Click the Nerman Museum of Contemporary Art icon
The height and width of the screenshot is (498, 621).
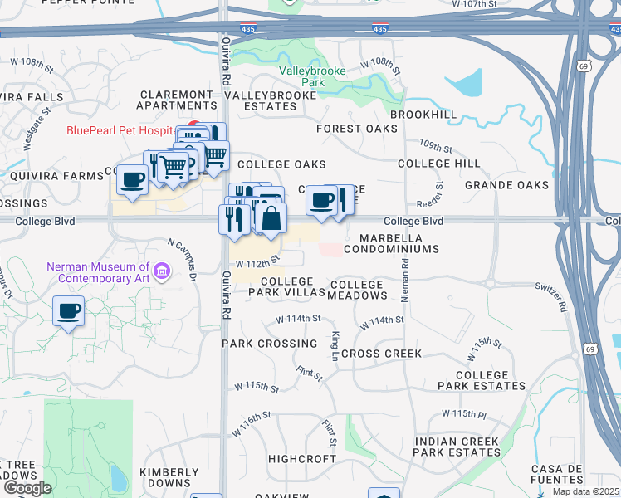[x=162, y=271]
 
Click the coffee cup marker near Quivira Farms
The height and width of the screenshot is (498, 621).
[x=132, y=180]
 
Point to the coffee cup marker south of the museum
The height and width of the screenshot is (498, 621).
[x=68, y=312]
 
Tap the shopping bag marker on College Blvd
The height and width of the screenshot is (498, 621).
[x=271, y=219]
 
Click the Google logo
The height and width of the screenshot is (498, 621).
[x=27, y=488]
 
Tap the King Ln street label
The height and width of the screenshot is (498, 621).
[x=335, y=340]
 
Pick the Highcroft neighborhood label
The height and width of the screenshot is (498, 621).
[x=301, y=458]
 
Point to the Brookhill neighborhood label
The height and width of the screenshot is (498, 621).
[x=423, y=114]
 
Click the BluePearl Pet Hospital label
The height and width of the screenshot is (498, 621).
[x=122, y=130]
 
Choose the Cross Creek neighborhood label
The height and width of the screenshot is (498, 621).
[x=381, y=354]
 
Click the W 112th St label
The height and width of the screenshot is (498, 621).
[x=254, y=263]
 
